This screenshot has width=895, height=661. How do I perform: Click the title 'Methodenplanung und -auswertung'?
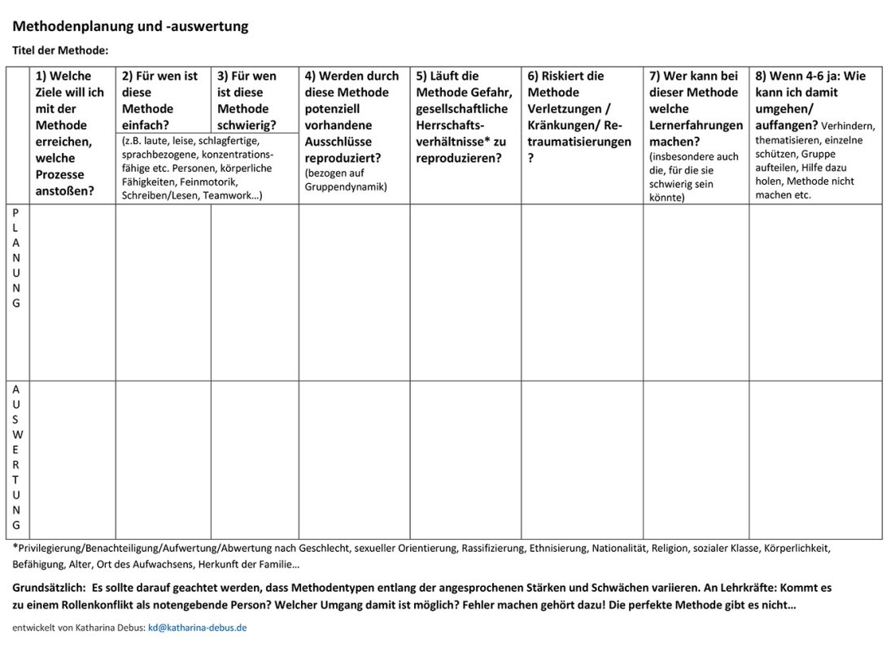(130, 26)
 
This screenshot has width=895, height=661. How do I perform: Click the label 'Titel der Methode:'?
(60, 50)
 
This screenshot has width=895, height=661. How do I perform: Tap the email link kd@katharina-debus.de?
(197, 628)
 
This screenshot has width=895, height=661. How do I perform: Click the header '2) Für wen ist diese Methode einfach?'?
(159, 100)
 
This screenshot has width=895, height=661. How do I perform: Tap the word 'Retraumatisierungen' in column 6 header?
(579, 142)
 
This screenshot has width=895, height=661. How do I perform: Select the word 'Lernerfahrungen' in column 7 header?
(696, 125)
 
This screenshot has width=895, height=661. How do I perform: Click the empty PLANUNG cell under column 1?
(72, 291)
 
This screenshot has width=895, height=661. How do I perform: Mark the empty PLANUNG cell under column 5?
(465, 291)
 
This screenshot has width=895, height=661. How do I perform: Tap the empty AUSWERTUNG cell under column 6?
(582, 459)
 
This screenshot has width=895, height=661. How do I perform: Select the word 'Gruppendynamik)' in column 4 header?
(346, 186)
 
